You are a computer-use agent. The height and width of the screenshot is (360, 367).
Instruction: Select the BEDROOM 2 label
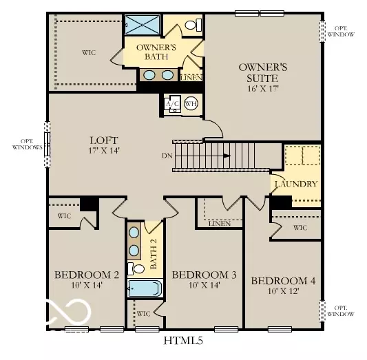click(x=87, y=275)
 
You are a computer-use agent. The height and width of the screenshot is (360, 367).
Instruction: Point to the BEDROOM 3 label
click(x=204, y=275)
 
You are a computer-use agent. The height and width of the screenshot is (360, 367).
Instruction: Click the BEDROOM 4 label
click(x=283, y=281)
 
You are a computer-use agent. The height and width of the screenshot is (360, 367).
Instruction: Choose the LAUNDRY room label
click(x=296, y=184)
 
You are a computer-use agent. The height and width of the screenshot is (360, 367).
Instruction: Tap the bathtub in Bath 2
click(x=144, y=288)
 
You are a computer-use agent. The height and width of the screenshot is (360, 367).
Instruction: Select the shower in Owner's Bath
click(x=143, y=24)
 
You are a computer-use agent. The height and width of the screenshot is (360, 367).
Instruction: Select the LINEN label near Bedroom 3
click(x=218, y=223)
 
